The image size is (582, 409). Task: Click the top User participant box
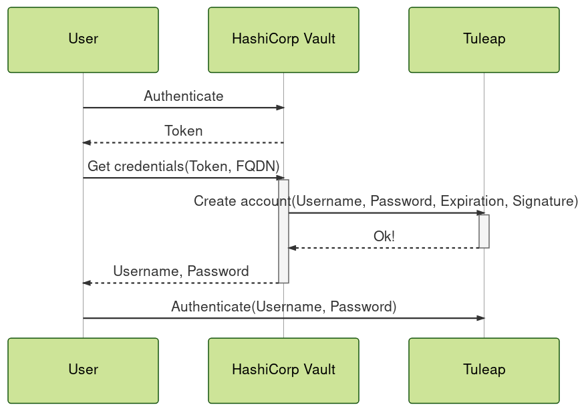(x=83, y=39)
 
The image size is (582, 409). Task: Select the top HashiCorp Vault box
(x=283, y=39)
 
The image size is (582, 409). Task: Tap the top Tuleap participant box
(x=484, y=39)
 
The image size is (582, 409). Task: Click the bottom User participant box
(x=83, y=370)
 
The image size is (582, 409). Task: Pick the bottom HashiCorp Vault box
(x=283, y=370)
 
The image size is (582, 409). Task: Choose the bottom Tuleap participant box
(x=484, y=370)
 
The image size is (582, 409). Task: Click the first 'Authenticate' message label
(x=183, y=96)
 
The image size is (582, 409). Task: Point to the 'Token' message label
(x=183, y=131)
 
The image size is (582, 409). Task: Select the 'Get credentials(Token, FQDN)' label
(x=183, y=166)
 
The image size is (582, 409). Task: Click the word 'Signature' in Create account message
(x=545, y=201)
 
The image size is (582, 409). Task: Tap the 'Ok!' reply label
(x=384, y=237)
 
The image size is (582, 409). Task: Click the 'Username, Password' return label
(x=180, y=271)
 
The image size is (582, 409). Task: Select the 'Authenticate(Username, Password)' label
(x=283, y=307)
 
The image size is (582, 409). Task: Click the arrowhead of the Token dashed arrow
(x=86, y=143)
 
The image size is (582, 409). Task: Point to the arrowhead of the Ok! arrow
(x=292, y=248)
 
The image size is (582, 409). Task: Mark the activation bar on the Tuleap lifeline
(x=484, y=231)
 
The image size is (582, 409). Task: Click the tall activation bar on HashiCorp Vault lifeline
(x=283, y=231)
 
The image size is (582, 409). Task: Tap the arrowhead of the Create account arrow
(x=480, y=213)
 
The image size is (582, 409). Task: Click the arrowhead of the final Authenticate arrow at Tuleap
(x=480, y=318)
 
